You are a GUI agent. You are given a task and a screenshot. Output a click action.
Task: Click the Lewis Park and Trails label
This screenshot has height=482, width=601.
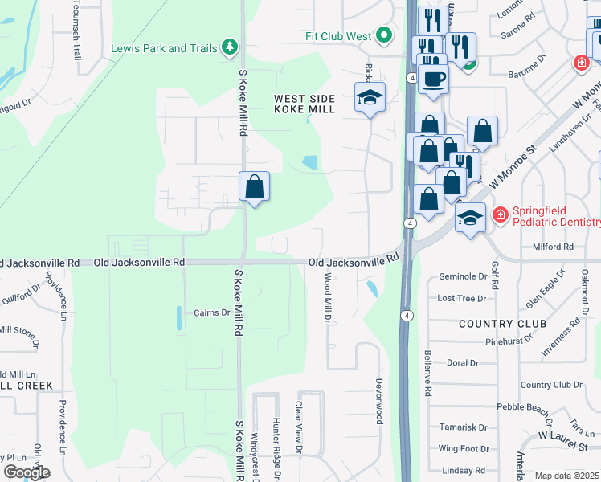[164, 48]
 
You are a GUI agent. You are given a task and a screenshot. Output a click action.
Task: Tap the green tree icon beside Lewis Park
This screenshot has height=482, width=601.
[231, 47]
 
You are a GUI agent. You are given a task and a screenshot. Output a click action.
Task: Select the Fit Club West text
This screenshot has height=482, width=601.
[338, 36]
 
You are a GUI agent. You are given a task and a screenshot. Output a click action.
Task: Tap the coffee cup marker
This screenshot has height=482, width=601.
[433, 79]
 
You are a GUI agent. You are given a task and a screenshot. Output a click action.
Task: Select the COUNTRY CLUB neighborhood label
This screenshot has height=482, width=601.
[497, 324]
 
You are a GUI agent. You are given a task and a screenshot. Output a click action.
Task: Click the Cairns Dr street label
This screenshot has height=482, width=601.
[213, 312]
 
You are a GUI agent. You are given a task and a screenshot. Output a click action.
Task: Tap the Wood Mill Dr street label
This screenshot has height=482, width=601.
[328, 297]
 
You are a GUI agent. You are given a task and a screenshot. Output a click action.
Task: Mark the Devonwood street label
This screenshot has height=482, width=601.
[378, 402]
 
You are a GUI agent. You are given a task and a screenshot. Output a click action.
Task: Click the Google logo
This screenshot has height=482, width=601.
[26, 472]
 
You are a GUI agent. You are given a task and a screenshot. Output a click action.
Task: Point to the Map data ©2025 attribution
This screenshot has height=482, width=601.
[566, 476]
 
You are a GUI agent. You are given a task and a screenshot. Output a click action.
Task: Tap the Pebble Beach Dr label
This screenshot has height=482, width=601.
[524, 407]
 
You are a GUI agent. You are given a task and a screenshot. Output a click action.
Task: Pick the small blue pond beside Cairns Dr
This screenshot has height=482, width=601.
[177, 318]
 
